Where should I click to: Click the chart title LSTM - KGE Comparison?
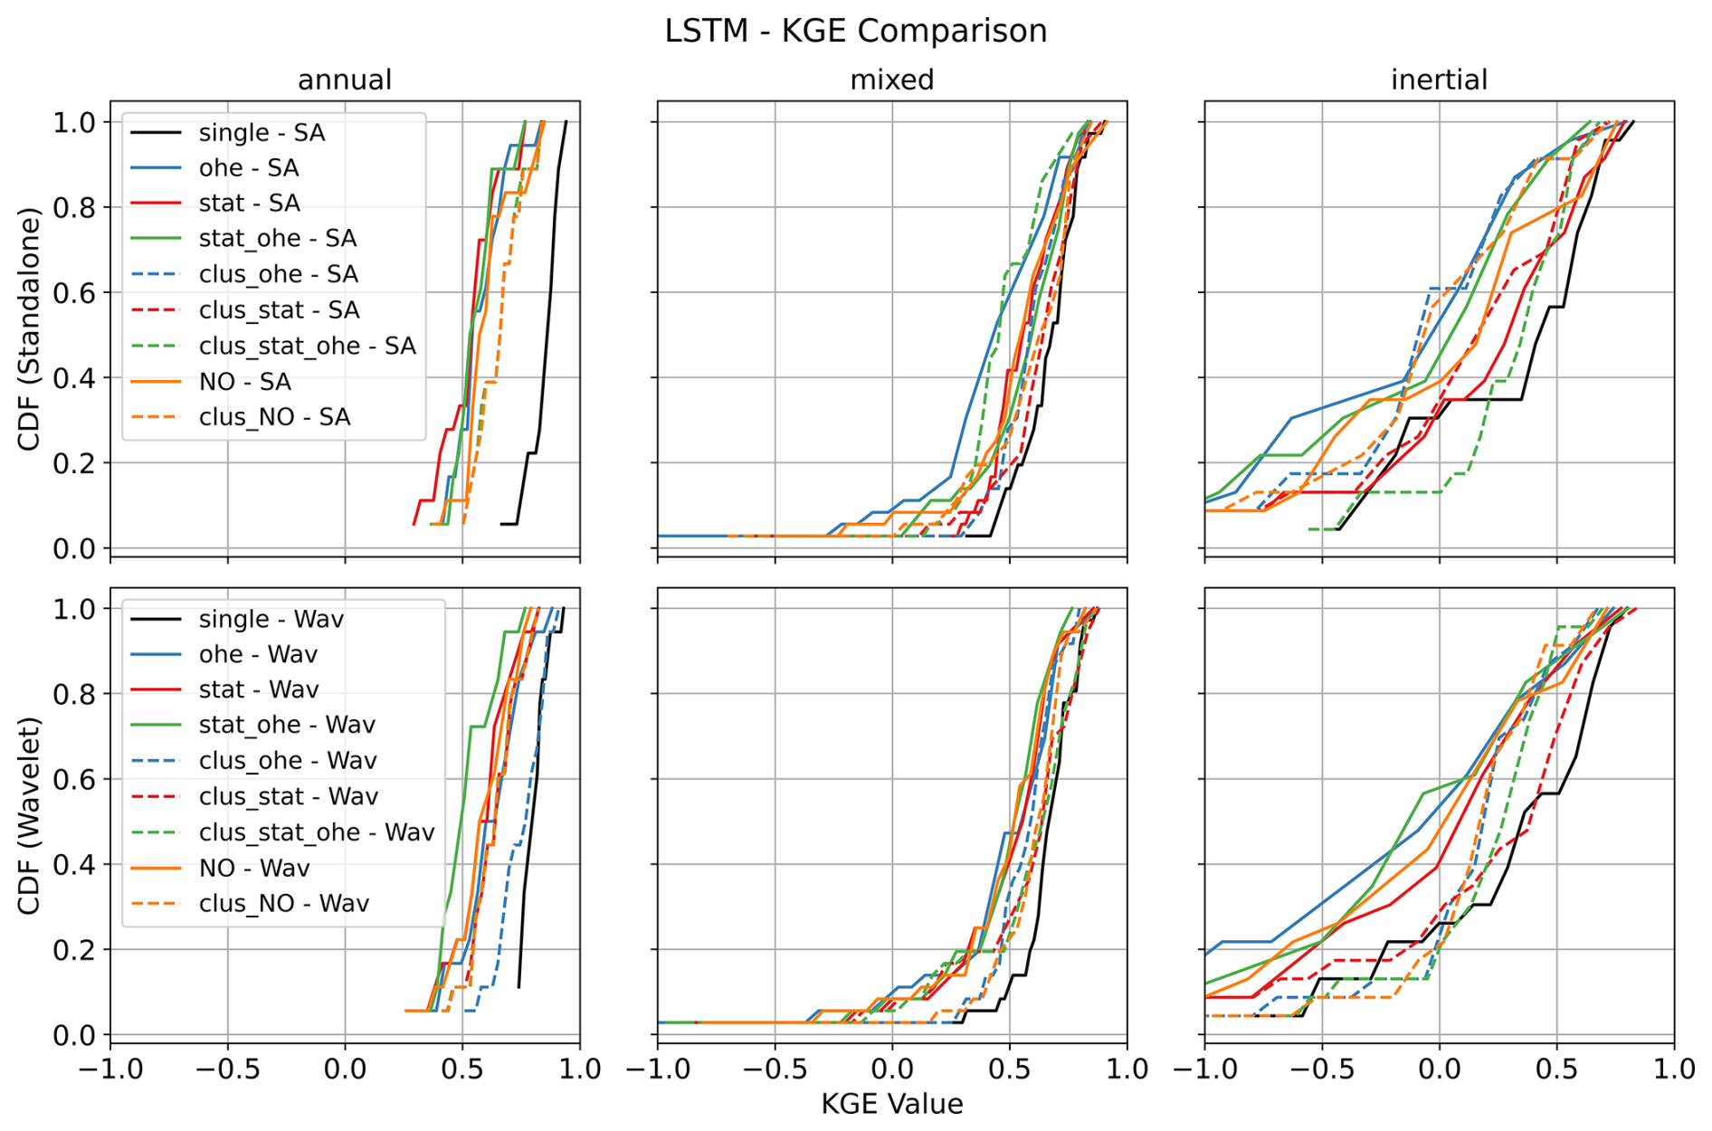point(855,31)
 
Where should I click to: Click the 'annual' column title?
point(345,80)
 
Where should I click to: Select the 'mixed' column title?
point(891,80)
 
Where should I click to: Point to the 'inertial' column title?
point(1439,80)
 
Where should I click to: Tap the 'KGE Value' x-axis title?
point(891,1104)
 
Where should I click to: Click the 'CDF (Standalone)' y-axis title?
point(29,329)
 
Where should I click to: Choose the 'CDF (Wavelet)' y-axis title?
point(29,815)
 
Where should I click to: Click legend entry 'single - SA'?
point(262,133)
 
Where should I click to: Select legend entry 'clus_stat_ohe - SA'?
point(307,346)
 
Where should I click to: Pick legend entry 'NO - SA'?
point(244,382)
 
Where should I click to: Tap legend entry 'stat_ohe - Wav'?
point(286,725)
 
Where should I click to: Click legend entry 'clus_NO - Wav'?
point(283,903)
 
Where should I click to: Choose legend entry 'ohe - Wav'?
point(258,654)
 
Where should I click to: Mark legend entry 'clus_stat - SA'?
point(279,310)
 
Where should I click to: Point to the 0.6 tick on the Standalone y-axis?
point(74,292)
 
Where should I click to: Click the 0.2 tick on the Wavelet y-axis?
point(74,950)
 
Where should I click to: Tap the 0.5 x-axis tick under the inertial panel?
point(1556,1069)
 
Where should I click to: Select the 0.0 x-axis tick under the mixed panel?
point(891,1069)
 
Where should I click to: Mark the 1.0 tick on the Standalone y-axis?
point(74,122)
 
